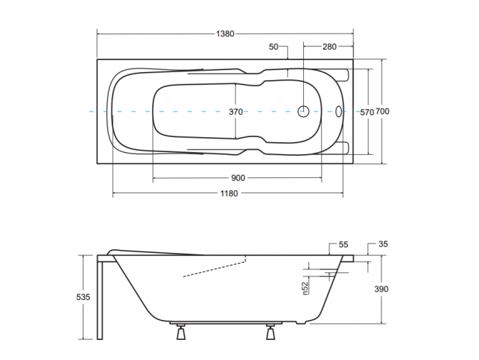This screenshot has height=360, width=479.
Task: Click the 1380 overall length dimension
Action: (x=224, y=34)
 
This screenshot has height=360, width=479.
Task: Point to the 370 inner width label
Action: (x=235, y=111)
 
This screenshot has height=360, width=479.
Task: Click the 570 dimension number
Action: (x=366, y=112)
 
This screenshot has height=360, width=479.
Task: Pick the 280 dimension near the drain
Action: (x=329, y=46)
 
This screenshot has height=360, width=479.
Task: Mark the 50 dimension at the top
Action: (x=274, y=46)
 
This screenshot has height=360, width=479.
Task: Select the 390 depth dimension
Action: (x=382, y=289)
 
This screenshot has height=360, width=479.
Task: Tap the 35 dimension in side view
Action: (x=382, y=244)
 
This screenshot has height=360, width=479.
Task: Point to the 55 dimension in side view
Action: (x=343, y=244)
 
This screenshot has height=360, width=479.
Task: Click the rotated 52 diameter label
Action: (x=304, y=287)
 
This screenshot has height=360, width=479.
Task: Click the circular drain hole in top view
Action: (x=303, y=111)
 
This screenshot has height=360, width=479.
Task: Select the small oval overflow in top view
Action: (x=339, y=111)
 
